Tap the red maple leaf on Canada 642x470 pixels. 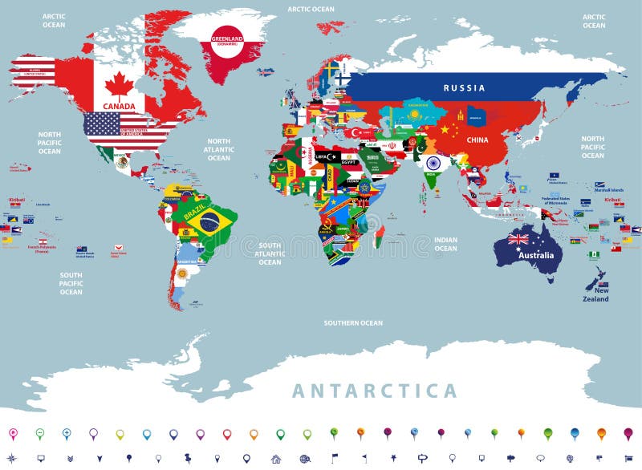pyautogui.click(x=119, y=85)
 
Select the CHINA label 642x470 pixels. pyautogui.click(x=477, y=140)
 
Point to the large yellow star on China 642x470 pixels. pyautogui.click(x=445, y=128)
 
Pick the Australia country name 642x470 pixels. pyautogui.click(x=537, y=256)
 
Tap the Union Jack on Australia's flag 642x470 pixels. pyautogui.click(x=518, y=239)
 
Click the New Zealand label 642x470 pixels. pyautogui.click(x=596, y=295)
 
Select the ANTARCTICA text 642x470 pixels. pyautogui.click(x=374, y=391)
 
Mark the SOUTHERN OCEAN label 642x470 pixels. pyautogui.click(x=353, y=323)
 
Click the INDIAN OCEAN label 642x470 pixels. pyautogui.click(x=446, y=244)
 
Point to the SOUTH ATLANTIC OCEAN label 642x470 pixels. pyautogui.click(x=270, y=253)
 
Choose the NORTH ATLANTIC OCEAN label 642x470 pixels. pyautogui.click(x=218, y=149)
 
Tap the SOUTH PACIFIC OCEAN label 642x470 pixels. pyautogui.click(x=71, y=282)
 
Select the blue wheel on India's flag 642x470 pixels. pyautogui.click(x=433, y=163)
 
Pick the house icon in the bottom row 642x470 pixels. pyautogui.click(x=276, y=459)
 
